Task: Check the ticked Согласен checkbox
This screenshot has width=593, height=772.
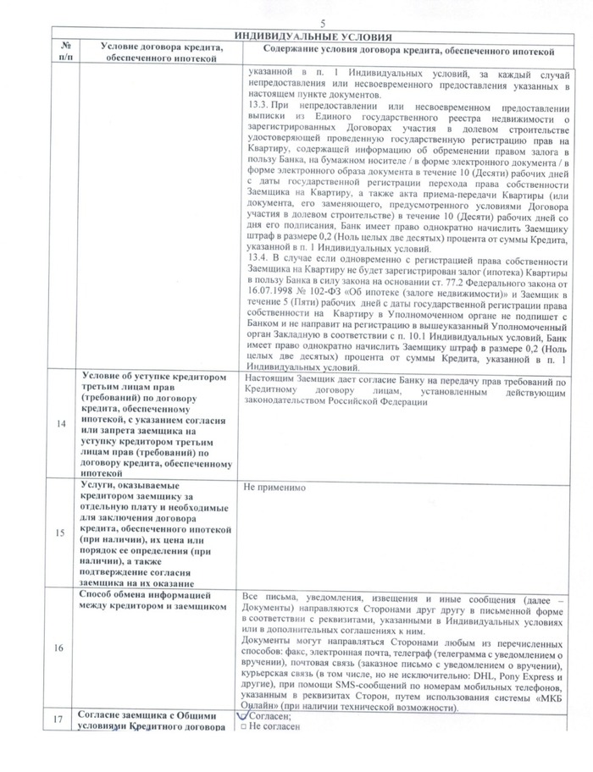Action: click(246, 715)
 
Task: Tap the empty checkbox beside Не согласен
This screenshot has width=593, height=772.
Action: click(245, 726)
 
